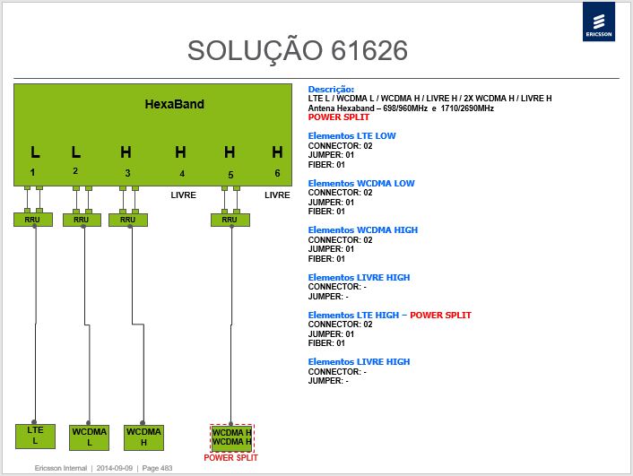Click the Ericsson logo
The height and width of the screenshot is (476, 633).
click(x=599, y=22)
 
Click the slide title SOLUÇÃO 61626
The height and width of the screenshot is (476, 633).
click(x=298, y=51)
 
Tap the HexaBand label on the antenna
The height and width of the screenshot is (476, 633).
click(x=175, y=104)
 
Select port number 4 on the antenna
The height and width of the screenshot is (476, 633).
click(x=182, y=174)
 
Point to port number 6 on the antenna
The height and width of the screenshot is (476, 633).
click(x=277, y=173)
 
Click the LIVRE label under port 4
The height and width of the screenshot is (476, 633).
click(x=183, y=195)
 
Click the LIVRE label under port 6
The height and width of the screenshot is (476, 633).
click(x=277, y=195)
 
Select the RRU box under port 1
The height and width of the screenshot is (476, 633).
click(x=32, y=220)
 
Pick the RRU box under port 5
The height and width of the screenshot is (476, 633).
click(x=230, y=220)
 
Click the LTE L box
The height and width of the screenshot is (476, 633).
click(x=35, y=436)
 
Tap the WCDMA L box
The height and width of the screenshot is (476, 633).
click(x=90, y=437)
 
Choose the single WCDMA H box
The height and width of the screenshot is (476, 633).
click(x=143, y=437)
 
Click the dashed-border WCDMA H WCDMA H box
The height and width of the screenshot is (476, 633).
click(x=232, y=437)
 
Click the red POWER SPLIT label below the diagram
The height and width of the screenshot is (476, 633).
click(x=231, y=458)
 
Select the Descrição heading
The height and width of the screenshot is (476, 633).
click(x=331, y=90)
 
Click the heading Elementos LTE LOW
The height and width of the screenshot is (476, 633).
click(x=352, y=136)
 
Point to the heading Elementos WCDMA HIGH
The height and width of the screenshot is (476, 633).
click(x=363, y=230)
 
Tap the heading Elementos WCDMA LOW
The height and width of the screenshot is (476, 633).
click(x=361, y=183)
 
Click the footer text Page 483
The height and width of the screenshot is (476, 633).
click(x=157, y=468)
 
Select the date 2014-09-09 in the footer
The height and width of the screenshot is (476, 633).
click(x=114, y=468)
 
